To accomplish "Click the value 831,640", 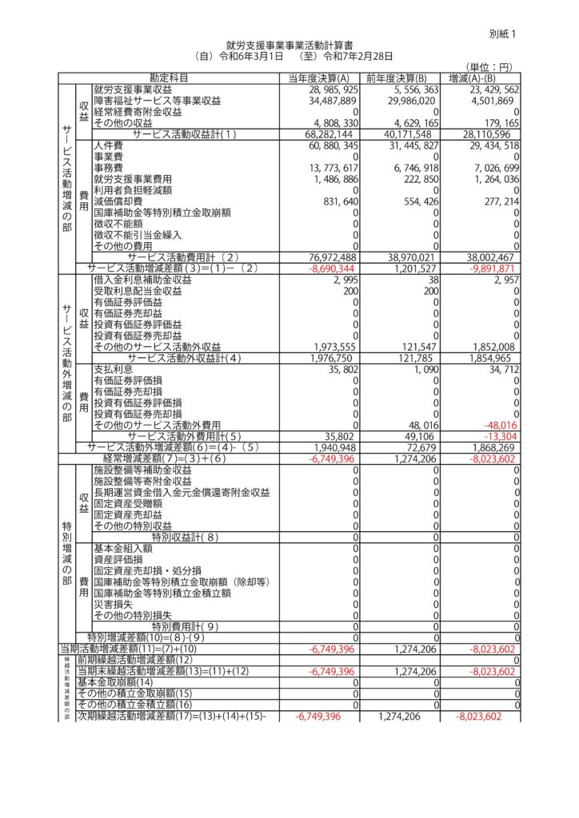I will pyautogui.click(x=335, y=201).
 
